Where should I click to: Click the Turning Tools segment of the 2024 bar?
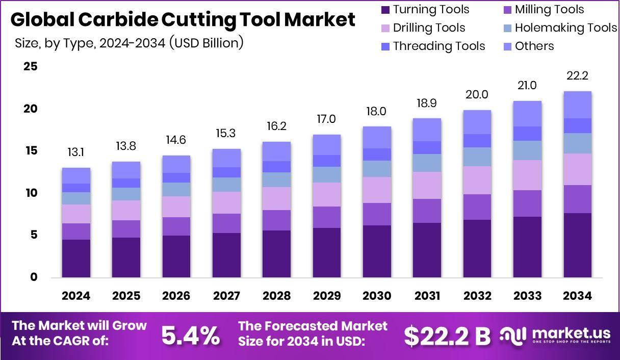pos(76,258)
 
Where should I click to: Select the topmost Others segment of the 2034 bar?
pos(577,105)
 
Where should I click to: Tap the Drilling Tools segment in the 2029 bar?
pos(326,194)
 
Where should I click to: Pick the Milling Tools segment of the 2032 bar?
pos(477,207)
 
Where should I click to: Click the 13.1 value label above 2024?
pos(76,152)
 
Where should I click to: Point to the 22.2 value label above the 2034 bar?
pos(577,76)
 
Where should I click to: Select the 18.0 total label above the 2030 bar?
pos(376,111)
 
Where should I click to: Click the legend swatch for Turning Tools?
pos(385,10)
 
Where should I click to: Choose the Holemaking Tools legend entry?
pos(565,28)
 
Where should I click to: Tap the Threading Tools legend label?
pos(438,46)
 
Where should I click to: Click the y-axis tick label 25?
pos(31,66)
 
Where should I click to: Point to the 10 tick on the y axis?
pos(31,193)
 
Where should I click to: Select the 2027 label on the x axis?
pos(226,296)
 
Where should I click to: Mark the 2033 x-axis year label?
pos(527,296)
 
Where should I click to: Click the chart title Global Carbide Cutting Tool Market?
pos(183,19)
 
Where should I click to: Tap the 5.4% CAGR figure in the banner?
pos(191,335)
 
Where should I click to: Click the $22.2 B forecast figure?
pos(447,335)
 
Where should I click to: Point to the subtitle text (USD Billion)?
pos(209,43)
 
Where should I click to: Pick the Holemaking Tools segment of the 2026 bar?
pos(176,189)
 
